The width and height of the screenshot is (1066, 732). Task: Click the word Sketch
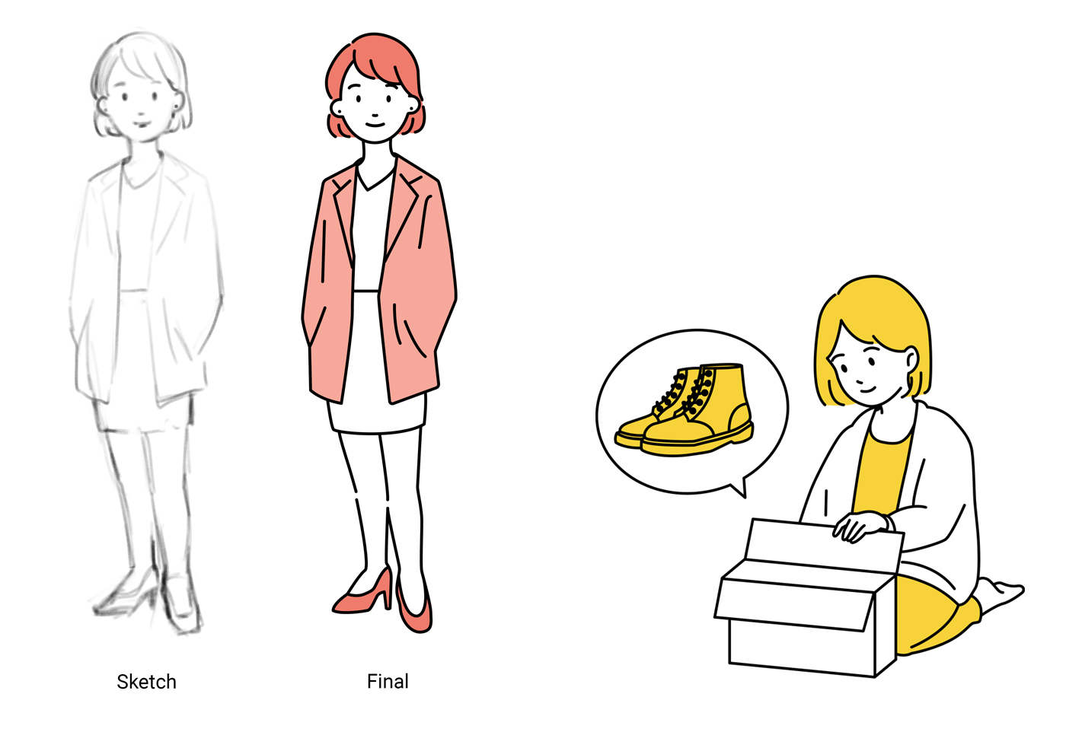146,682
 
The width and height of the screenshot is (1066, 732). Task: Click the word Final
388,682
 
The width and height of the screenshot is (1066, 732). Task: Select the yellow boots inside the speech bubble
685,410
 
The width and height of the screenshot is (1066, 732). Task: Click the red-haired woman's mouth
375,125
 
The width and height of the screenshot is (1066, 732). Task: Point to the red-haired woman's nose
375,115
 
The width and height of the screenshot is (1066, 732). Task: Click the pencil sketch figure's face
141,107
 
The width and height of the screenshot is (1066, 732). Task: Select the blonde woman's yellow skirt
933,616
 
